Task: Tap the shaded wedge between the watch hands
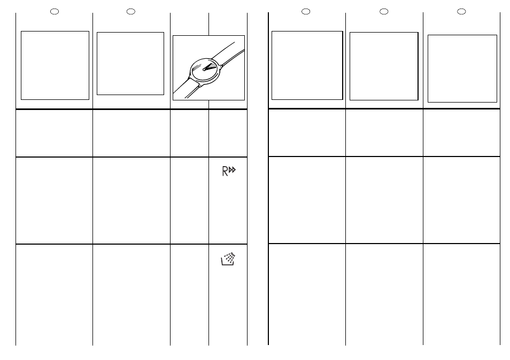tap(211, 66)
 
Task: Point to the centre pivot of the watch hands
tap(204, 69)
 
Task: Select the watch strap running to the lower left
tap(186, 88)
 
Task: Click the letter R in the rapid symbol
tap(225, 171)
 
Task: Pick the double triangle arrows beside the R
tap(232, 170)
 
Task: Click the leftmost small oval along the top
tap(55, 12)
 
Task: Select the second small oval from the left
tap(131, 12)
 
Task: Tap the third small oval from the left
tap(306, 12)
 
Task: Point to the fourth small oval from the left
tap(384, 12)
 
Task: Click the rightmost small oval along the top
tap(461, 12)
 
